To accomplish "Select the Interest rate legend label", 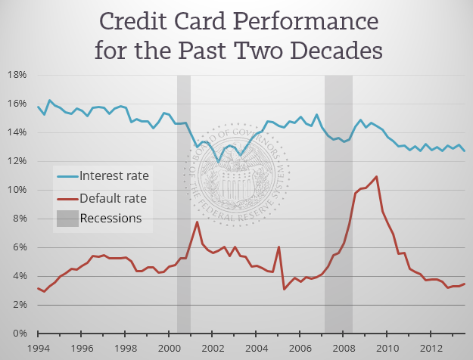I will coord(114,176).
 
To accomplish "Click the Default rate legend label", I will coord(113,198).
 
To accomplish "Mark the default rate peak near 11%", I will coord(376,176).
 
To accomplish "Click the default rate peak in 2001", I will coord(197,222).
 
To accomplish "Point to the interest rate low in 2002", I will coord(219,161).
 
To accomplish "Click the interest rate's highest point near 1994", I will coord(49,100).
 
